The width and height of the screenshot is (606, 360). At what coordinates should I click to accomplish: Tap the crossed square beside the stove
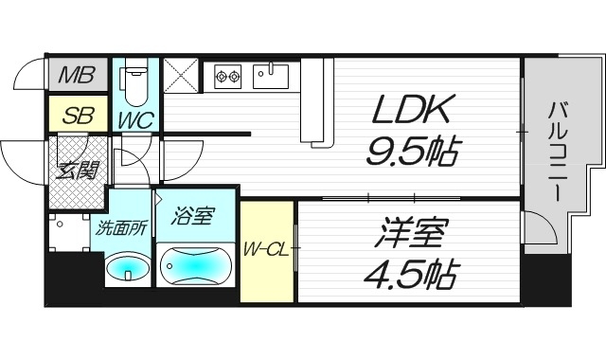click(181, 75)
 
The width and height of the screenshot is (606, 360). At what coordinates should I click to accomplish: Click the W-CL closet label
click(266, 249)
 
